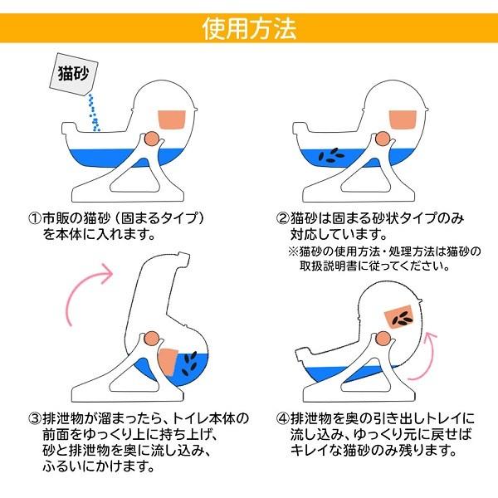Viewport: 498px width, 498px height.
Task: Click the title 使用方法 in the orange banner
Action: pyautogui.click(x=249, y=28)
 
